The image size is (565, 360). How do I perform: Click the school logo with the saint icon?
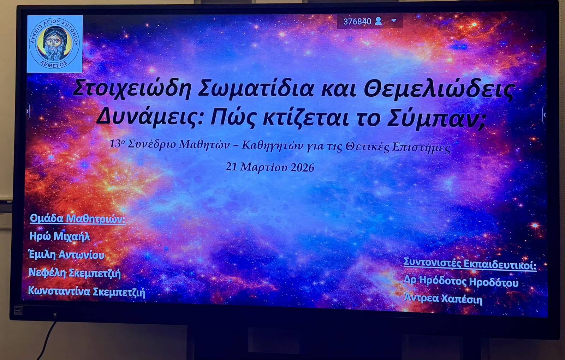pyautogui.click(x=55, y=44)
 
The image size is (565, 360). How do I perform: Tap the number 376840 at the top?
pyautogui.click(x=357, y=22)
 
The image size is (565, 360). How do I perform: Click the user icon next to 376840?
pyautogui.click(x=378, y=21)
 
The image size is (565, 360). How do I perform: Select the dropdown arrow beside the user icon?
pyautogui.click(x=394, y=21)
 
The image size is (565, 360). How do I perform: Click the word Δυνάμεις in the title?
pyautogui.click(x=150, y=118)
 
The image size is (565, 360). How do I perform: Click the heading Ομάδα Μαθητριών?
pyautogui.click(x=77, y=219)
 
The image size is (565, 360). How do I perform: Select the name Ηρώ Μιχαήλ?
pyautogui.click(x=60, y=236)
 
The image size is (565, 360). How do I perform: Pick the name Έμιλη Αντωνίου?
pyautogui.click(x=67, y=254)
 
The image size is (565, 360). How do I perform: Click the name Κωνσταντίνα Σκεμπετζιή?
pyautogui.click(x=87, y=292)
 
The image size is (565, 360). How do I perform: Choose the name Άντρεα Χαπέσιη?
pyautogui.click(x=443, y=299)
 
